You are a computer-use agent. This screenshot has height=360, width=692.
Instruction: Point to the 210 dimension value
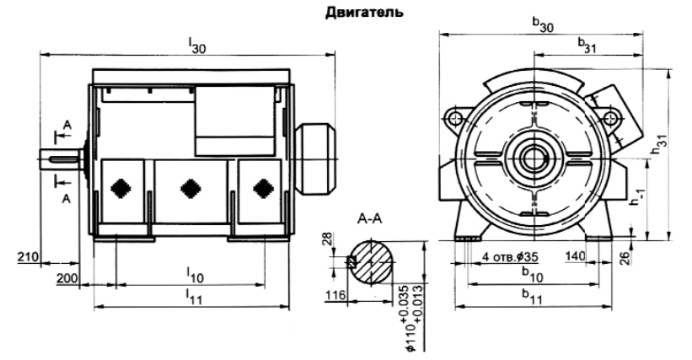(25, 254)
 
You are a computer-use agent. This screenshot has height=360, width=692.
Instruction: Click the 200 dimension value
(67, 277)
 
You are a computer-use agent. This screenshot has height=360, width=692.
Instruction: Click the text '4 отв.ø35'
(512, 255)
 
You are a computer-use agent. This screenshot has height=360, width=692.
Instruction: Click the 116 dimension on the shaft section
(335, 296)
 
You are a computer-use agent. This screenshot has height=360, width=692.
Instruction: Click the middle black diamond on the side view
(190, 188)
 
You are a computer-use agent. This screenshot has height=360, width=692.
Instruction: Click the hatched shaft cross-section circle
(373, 261)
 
